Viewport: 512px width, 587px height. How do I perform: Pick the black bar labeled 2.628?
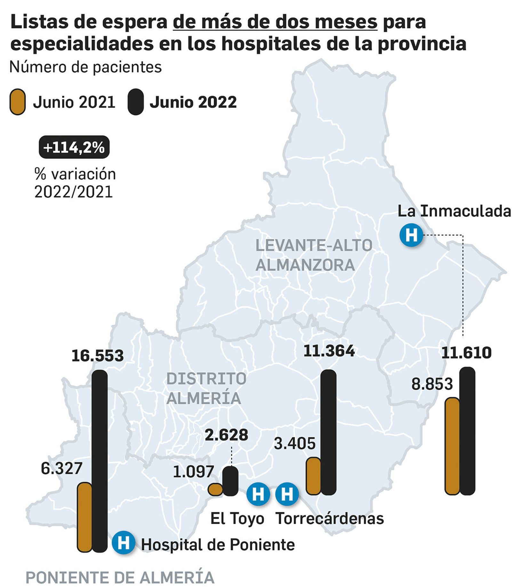coord(230,481)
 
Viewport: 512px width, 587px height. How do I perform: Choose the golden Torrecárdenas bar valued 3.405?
coord(313,476)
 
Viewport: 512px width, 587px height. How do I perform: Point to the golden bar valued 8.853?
coord(452,446)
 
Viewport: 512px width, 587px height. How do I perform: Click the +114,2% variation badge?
coord(74,147)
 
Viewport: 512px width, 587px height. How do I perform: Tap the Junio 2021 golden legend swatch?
coord(17,102)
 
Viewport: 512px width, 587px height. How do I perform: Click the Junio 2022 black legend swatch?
coord(135,102)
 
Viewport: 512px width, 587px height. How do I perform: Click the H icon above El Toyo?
coord(258,494)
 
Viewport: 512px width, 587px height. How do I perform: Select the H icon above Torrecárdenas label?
coord(287,494)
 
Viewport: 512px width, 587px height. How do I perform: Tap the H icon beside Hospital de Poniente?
coord(123,542)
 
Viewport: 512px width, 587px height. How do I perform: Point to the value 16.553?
coord(97,356)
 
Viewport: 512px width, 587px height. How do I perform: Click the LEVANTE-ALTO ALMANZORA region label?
coord(314,255)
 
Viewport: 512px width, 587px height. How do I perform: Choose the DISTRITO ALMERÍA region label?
coord(206,388)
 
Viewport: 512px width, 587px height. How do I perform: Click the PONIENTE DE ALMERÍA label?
coord(120,577)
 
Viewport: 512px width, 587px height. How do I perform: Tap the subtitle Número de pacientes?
coord(85,67)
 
